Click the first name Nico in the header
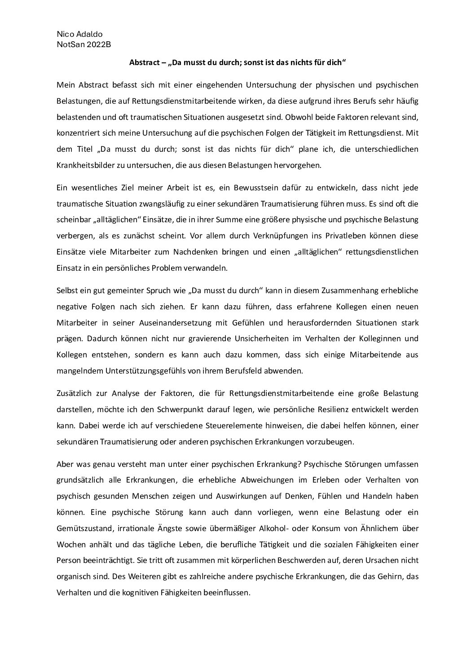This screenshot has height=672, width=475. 65,35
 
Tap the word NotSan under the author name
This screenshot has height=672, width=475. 69,44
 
